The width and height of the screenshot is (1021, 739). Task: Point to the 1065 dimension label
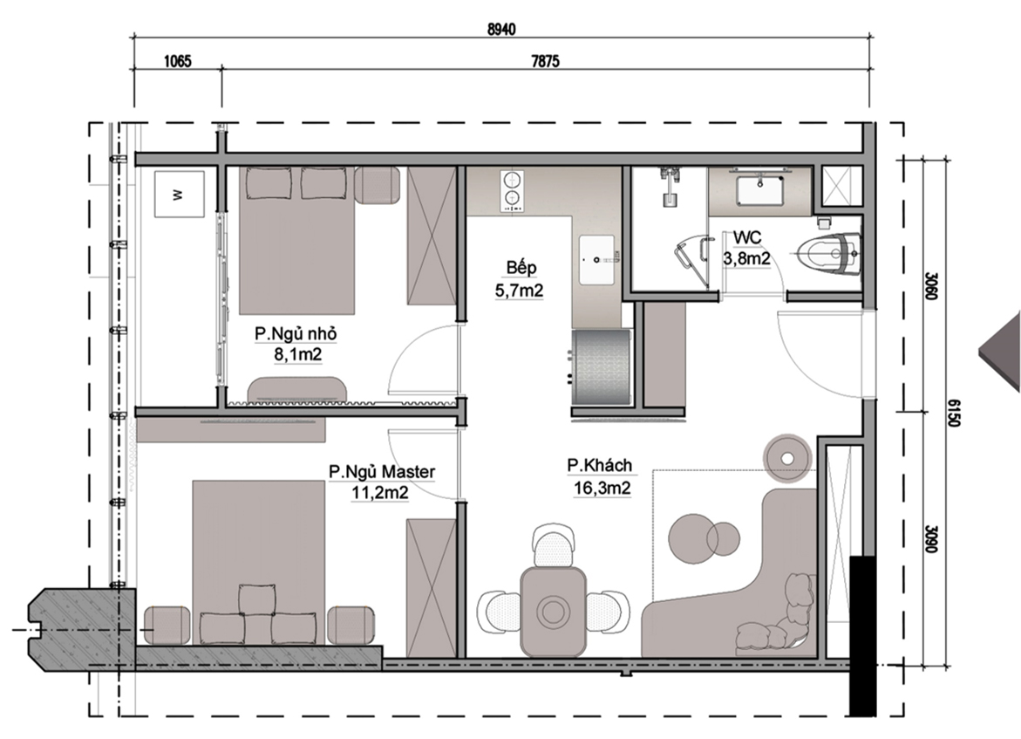(177, 62)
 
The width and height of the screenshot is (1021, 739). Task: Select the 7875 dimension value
(545, 62)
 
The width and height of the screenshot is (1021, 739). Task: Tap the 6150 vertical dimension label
(953, 414)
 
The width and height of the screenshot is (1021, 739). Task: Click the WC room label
(747, 238)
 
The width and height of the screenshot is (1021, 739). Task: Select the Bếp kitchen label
(521, 267)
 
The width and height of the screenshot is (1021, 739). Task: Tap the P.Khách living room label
(599, 465)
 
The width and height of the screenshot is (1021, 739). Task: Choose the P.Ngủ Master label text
(382, 471)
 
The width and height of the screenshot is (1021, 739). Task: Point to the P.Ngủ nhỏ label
(296, 333)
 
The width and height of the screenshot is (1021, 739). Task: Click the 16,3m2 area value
(602, 488)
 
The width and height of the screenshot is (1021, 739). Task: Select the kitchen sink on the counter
(597, 259)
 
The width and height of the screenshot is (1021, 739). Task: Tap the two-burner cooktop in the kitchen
(512, 190)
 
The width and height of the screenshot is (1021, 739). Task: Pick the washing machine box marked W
(179, 195)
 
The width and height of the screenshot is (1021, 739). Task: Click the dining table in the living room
(552, 612)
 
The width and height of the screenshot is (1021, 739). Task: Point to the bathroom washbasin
(760, 189)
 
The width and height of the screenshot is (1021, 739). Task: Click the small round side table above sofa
(788, 456)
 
